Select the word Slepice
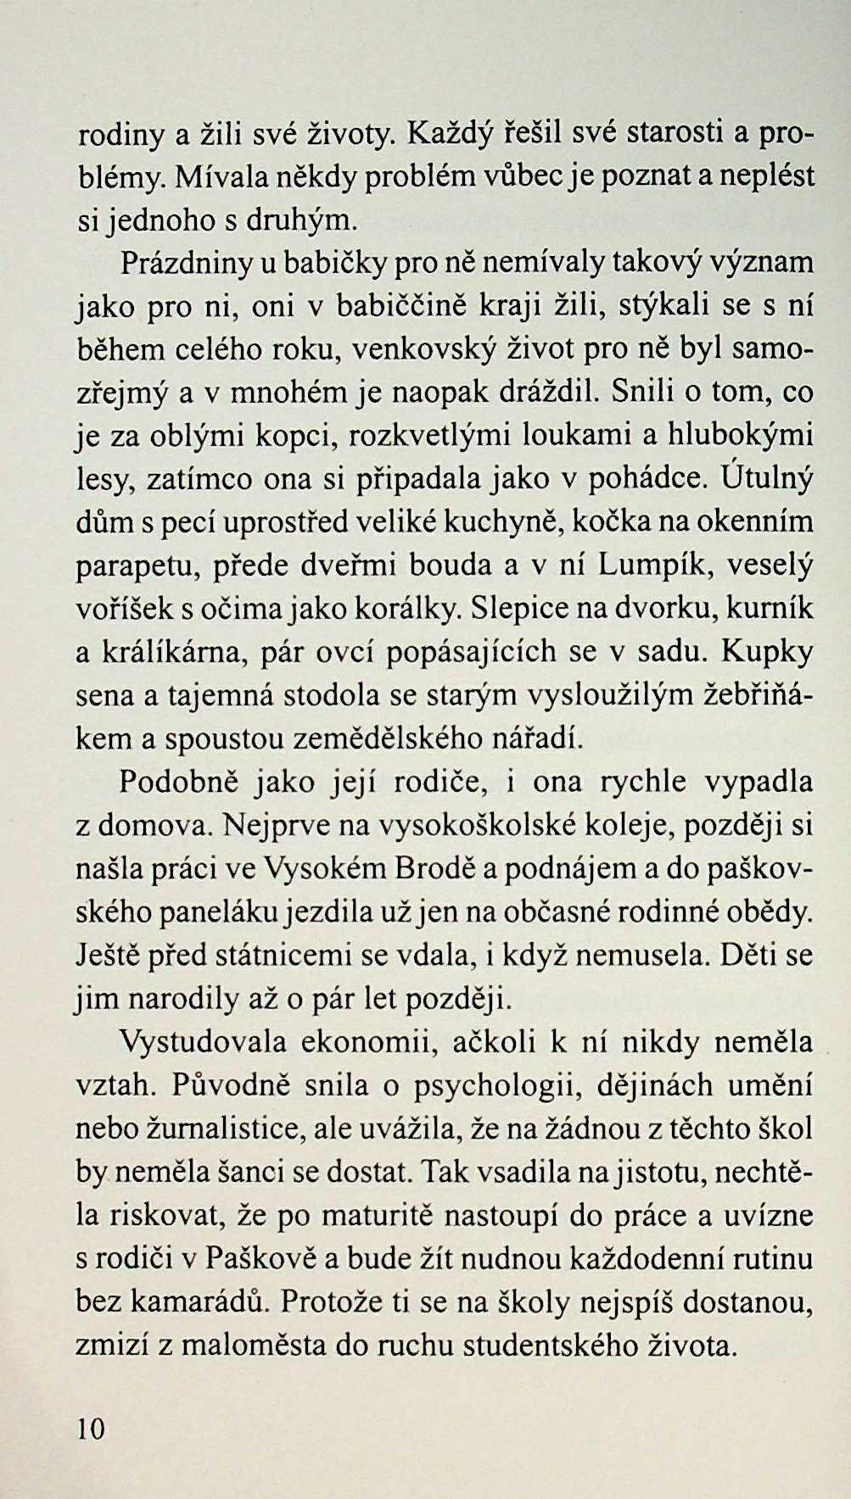pyautogui.click(x=518, y=608)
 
